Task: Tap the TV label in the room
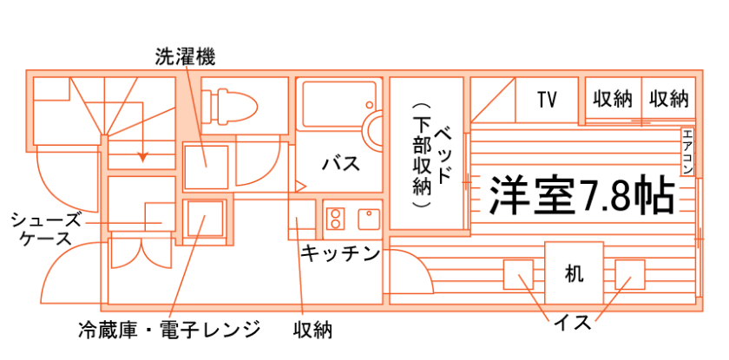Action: click(546, 100)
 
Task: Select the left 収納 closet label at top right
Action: click(613, 99)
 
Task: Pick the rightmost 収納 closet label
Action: click(668, 99)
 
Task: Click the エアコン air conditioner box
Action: click(687, 152)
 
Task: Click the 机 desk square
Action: click(574, 273)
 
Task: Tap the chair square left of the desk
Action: click(519, 275)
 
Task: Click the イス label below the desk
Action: click(573, 324)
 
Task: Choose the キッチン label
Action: click(339, 254)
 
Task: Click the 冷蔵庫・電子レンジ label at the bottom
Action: click(168, 330)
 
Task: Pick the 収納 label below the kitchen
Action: click(313, 330)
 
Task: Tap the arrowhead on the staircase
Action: click(143, 158)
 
